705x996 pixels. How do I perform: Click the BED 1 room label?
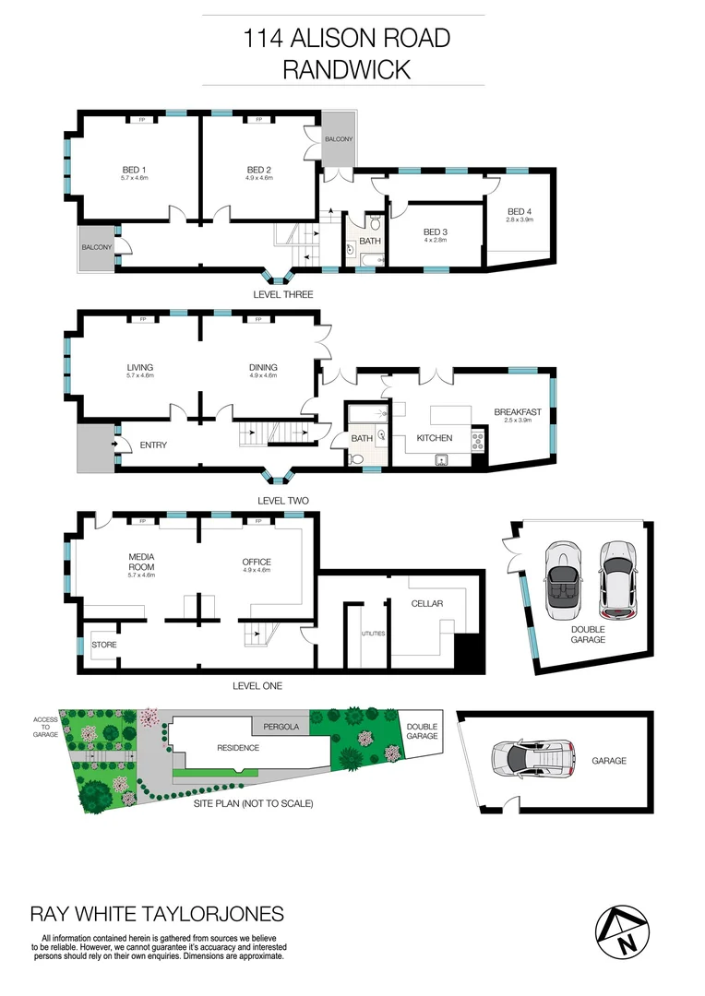(135, 170)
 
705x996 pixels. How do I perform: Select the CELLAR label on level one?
(427, 603)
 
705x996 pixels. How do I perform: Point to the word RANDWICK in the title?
(346, 69)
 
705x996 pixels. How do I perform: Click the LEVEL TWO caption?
(282, 501)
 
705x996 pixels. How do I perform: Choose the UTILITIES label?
(374, 634)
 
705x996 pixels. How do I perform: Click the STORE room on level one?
(104, 645)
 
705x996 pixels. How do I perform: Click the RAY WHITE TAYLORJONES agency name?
(157, 914)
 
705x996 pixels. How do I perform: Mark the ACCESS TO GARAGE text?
(45, 727)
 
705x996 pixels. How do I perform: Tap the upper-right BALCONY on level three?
(338, 139)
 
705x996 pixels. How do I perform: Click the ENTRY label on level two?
(152, 446)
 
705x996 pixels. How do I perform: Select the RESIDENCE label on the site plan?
(238, 747)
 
